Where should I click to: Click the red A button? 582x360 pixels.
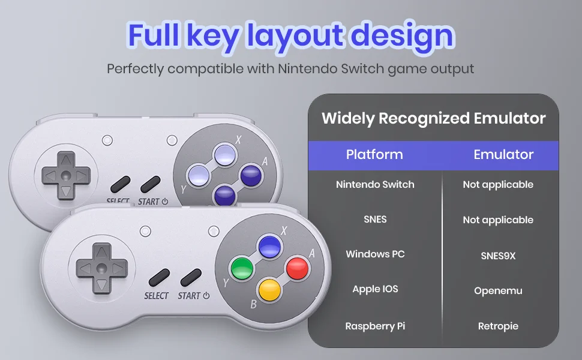pyautogui.click(x=297, y=268)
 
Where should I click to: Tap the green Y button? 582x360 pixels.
pyautogui.click(x=242, y=268)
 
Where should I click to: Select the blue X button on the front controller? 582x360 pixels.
pyautogui.click(x=269, y=246)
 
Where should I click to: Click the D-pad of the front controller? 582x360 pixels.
pyautogui.click(x=101, y=268)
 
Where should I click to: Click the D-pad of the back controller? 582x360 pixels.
pyautogui.click(x=65, y=175)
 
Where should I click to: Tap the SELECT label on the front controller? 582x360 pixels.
pyautogui.click(x=156, y=296)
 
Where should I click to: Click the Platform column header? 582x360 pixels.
pyautogui.click(x=374, y=154)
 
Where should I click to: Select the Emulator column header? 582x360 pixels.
pyautogui.click(x=503, y=154)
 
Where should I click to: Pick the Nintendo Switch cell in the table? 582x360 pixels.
pyautogui.click(x=375, y=184)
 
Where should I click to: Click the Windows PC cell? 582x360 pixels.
pyautogui.click(x=375, y=254)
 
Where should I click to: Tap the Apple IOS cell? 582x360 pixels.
pyautogui.click(x=375, y=289)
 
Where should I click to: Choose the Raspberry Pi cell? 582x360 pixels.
pyautogui.click(x=375, y=326)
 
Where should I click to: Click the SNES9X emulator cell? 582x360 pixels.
pyautogui.click(x=498, y=256)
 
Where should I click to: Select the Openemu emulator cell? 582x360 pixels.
pyautogui.click(x=498, y=290)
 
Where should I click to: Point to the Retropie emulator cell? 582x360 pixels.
pyautogui.click(x=498, y=326)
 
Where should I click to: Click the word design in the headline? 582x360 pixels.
pyautogui.click(x=403, y=36)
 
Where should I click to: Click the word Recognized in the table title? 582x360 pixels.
pyautogui.click(x=424, y=118)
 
